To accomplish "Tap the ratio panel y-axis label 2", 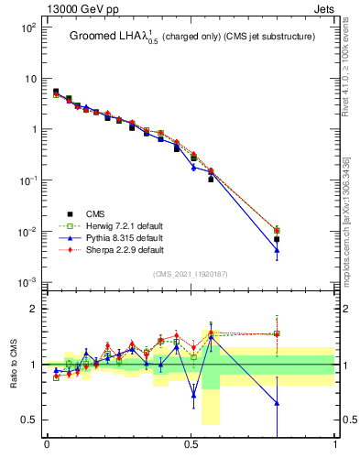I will coord(32,309).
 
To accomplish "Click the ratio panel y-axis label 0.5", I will coord(27,420).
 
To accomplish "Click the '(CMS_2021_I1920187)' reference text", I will coord(191,273).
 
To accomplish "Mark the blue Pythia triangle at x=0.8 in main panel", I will coord(277,250).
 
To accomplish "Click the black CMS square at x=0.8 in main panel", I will coord(277,239).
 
